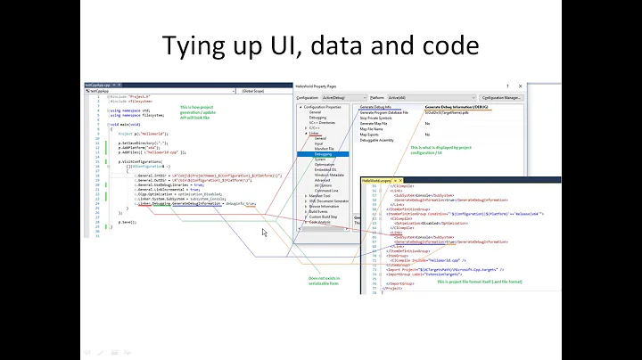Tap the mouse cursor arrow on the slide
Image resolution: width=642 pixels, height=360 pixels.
pyautogui.click(x=264, y=233)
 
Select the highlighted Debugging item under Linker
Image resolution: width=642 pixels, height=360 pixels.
pyautogui.click(x=317, y=153)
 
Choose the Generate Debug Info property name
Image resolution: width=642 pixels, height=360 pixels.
pyautogui.click(x=380, y=107)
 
